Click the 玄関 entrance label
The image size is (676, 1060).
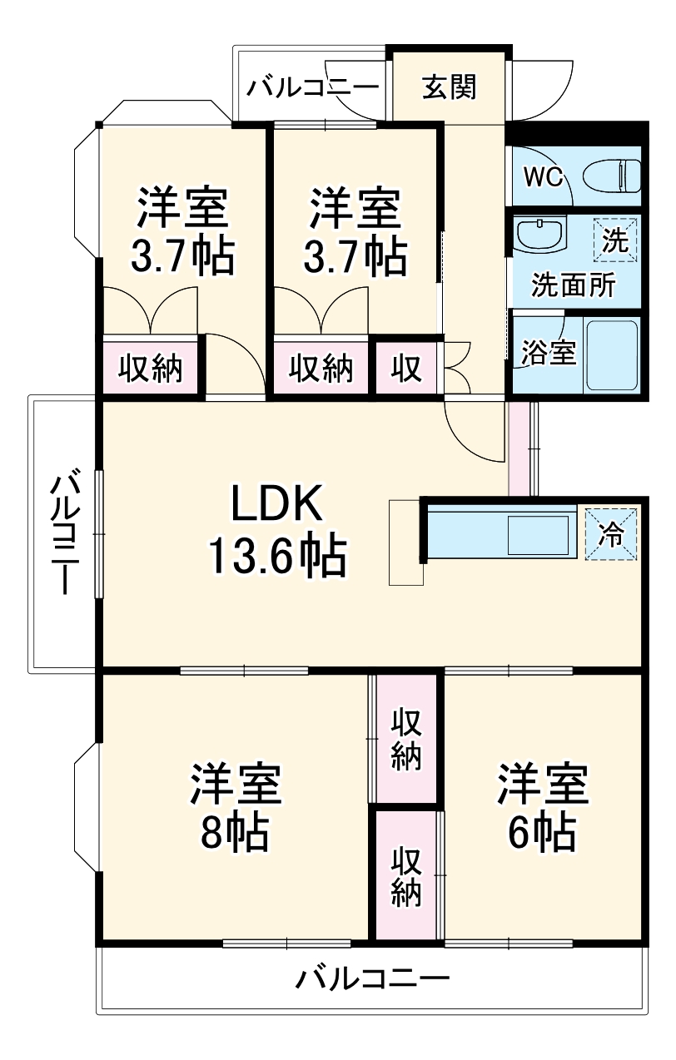[449, 87]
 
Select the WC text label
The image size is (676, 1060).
[544, 176]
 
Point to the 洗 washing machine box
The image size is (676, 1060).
[615, 240]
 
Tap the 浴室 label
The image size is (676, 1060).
[549, 353]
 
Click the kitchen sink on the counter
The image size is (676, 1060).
[539, 533]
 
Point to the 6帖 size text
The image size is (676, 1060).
[542, 831]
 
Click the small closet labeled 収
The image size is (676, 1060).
[407, 368]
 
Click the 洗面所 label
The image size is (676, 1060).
[574, 285]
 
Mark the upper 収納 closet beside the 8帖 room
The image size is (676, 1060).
[405, 739]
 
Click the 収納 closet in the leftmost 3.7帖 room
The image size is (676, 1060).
[150, 368]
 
